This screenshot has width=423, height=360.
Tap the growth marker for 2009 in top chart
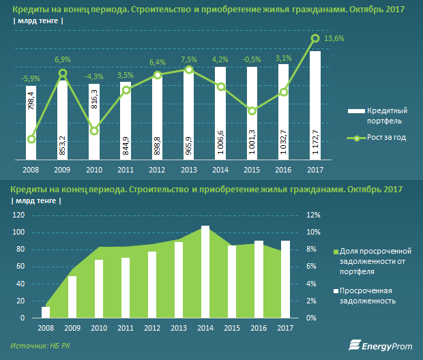pos(63,73)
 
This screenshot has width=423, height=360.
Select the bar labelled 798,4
pos(31,123)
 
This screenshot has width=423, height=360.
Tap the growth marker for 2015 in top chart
pos(252,110)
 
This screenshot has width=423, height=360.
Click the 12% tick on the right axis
pos(312,215)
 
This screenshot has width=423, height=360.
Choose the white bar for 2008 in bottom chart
pos(46,312)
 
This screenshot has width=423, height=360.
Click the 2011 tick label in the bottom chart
pos(125,328)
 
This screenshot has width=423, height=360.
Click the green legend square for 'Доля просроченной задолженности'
pos(335,252)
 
